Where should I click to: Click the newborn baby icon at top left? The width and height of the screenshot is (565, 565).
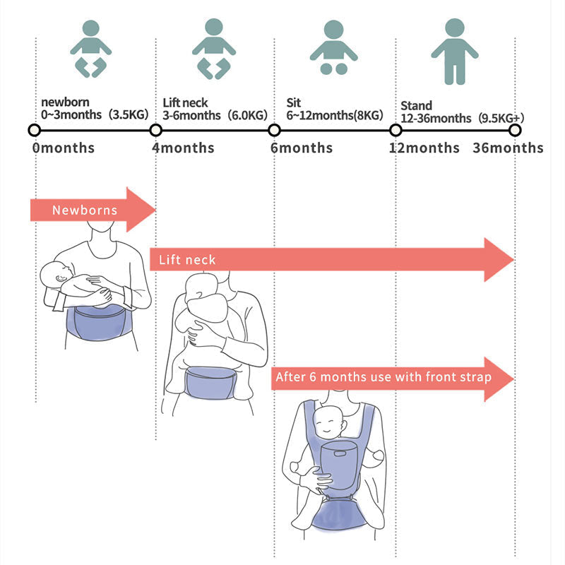pos(90,48)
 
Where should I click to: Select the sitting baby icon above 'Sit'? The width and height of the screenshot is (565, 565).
pos(333,48)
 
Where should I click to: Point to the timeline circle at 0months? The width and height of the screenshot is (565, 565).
pos(34,130)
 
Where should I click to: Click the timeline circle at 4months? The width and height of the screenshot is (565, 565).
pos(156,130)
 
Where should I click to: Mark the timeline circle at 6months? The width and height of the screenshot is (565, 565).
pos(274,130)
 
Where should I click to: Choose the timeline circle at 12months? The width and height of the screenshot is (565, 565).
pos(395,130)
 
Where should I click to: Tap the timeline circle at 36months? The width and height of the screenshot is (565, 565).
pos(515,130)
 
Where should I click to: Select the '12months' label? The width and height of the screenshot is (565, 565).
pos(424,148)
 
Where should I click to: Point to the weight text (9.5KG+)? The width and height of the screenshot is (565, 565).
pos(500,118)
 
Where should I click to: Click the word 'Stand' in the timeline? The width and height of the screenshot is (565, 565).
pos(416,106)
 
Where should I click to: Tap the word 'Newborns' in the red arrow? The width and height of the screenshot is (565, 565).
pos(84,210)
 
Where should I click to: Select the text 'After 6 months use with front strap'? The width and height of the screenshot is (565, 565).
pos(383,377)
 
